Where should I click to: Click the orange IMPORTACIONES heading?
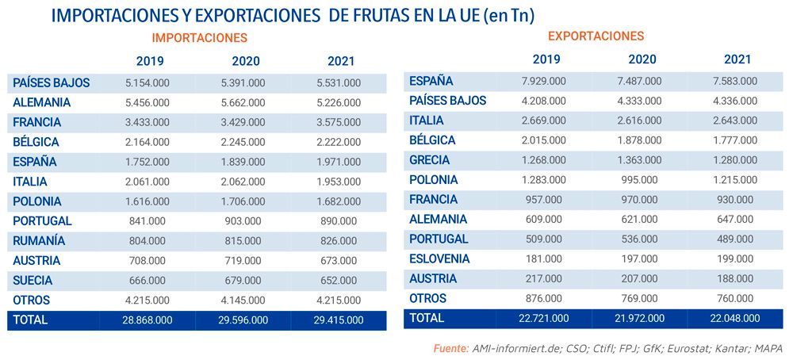pyautogui.click(x=200, y=37)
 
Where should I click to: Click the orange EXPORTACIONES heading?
pyautogui.click(x=596, y=36)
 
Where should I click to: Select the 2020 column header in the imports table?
pyautogui.click(x=246, y=61)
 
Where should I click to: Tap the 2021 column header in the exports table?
pyautogui.click(x=737, y=59)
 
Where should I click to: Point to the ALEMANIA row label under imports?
pyautogui.click(x=42, y=102)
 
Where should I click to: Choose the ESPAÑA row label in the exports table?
pyautogui.click(x=431, y=81)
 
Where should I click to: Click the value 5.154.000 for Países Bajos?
pyautogui.click(x=147, y=82)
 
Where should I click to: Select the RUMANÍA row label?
pyautogui.click(x=39, y=241)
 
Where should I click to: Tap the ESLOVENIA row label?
pyautogui.click(x=439, y=259)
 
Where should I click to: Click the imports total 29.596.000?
pyautogui.click(x=242, y=320)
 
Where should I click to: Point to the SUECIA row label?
pyautogui.click(x=33, y=281)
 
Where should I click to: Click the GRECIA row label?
pyautogui.click(x=430, y=160)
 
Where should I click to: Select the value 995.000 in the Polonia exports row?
pyautogui.click(x=641, y=180)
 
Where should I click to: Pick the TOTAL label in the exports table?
pyautogui.click(x=427, y=318)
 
